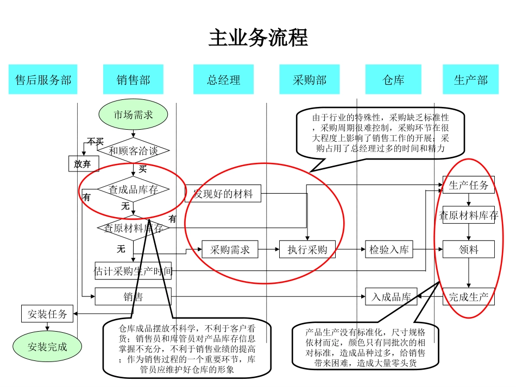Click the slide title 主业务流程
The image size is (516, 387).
coord(258,39)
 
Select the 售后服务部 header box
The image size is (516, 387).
coord(43,80)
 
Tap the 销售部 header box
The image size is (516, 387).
coord(133,80)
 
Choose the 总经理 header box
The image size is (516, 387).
coord(223,80)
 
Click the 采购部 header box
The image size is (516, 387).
coord(310,80)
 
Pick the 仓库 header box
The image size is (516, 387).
coord(393,80)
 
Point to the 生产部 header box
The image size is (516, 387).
coord(470,80)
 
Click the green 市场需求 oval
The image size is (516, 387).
coord(133,115)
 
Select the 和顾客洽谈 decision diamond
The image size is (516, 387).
coord(133,150)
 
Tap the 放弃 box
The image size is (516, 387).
coord(83,163)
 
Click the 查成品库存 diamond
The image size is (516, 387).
coord(133,189)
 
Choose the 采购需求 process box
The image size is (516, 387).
coord(230,250)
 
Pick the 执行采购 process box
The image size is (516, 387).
coord(307,250)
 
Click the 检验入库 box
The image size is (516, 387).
coord(389,250)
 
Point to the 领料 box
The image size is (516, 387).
coord(468,250)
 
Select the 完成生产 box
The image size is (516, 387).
coord(468,297)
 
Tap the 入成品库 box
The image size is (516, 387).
coord(391,297)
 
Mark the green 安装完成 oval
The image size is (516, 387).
coord(48,346)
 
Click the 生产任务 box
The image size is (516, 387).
coord(468,185)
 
